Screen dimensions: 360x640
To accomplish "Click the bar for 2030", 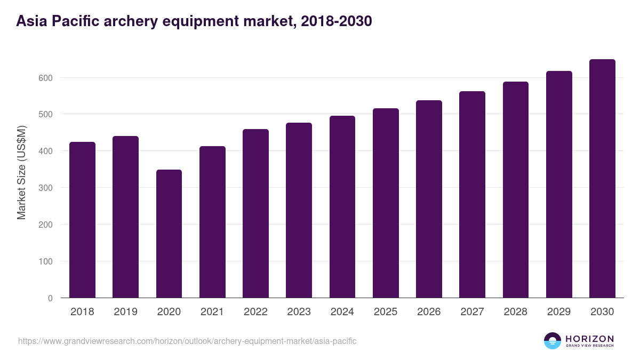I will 602,179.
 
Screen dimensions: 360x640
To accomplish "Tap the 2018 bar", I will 82,220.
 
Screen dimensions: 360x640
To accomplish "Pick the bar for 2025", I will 386,203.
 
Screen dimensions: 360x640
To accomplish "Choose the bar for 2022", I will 255,213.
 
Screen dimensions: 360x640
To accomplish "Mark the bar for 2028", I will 516,190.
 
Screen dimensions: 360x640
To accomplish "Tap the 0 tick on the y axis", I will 50,298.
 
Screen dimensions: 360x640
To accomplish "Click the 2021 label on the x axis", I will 212,312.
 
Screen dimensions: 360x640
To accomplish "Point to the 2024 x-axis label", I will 342,312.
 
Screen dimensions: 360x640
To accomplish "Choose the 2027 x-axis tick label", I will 472,312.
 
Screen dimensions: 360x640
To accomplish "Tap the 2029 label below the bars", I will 559,312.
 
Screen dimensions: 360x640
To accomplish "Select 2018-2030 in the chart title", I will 336,21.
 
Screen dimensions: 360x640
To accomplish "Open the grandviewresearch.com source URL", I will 187,341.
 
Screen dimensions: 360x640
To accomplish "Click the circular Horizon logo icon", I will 553,341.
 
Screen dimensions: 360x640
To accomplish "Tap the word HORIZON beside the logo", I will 589,338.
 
